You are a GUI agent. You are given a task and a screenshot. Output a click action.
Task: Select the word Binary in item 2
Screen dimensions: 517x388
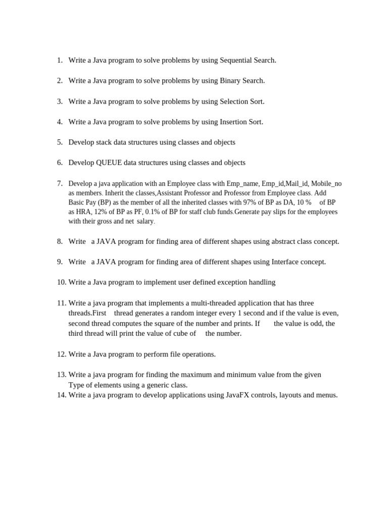pos(231,81)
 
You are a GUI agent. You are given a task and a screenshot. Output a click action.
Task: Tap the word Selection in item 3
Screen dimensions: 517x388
pos(234,101)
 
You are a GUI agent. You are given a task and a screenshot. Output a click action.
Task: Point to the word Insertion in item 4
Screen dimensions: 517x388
pos(234,122)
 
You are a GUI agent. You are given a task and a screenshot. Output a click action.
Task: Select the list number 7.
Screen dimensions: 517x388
pos(60,183)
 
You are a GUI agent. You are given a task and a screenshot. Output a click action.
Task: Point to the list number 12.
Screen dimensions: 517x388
pos(61,354)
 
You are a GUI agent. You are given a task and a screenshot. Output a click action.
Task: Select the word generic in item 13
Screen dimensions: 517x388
pos(153,385)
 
